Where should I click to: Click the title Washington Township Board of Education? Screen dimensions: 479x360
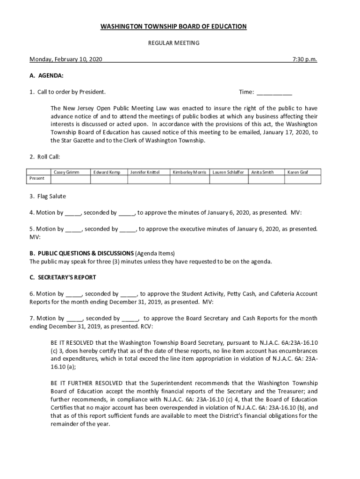click(x=173, y=27)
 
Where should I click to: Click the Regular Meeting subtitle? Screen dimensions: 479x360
click(x=173, y=43)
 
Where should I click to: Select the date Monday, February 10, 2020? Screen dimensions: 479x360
click(x=66, y=59)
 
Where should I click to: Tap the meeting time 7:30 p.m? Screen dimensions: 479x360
click(x=304, y=59)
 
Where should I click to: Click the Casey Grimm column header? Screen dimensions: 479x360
click(x=66, y=172)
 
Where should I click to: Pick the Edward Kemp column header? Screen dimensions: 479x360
click(x=107, y=172)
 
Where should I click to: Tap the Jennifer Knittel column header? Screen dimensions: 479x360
click(x=145, y=172)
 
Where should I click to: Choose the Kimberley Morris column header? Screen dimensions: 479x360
click(x=189, y=172)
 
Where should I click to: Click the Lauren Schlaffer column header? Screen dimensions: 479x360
click(x=228, y=172)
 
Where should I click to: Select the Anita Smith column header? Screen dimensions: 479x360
click(x=262, y=172)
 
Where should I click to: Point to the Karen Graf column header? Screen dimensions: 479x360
click(x=298, y=172)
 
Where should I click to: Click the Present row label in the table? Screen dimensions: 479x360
click(x=37, y=178)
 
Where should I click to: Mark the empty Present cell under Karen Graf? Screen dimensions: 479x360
click(x=302, y=178)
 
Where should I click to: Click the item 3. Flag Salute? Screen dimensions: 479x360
click(x=48, y=196)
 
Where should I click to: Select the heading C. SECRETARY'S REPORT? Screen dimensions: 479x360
click(x=63, y=277)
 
